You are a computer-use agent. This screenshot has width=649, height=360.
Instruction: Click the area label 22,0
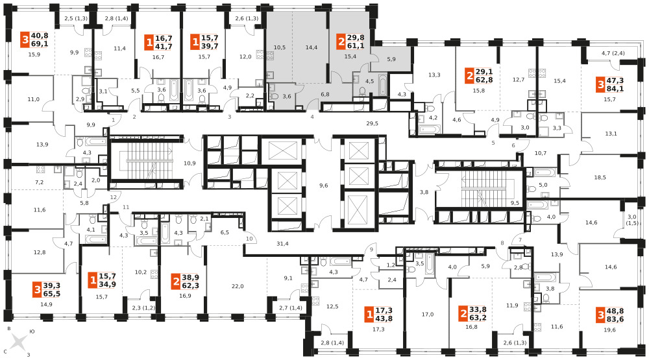238,286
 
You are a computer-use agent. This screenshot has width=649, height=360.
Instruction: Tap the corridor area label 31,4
283,244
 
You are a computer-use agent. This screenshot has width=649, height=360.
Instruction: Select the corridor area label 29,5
372,123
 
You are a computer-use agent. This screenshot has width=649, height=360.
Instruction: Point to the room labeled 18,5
600,178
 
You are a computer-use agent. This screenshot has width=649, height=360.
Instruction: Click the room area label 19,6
609,330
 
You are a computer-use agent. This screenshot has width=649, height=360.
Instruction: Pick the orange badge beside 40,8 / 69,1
25,40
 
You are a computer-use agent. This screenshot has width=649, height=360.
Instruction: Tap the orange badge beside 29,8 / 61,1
341,42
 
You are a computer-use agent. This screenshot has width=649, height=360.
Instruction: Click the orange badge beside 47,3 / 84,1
600,85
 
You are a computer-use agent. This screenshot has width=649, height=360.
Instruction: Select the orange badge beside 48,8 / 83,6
600,316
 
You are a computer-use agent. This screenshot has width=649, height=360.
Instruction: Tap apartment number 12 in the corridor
114,197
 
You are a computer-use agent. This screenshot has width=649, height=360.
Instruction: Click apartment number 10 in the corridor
249,239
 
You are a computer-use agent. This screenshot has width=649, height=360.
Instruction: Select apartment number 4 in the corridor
312,117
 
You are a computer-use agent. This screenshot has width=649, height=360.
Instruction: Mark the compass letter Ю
32,332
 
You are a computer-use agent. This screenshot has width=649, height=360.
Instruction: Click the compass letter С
5,352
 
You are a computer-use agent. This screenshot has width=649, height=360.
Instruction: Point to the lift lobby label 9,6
324,186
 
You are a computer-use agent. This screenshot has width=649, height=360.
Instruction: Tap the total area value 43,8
384,318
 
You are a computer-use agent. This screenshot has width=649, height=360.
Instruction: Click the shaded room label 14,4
312,47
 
